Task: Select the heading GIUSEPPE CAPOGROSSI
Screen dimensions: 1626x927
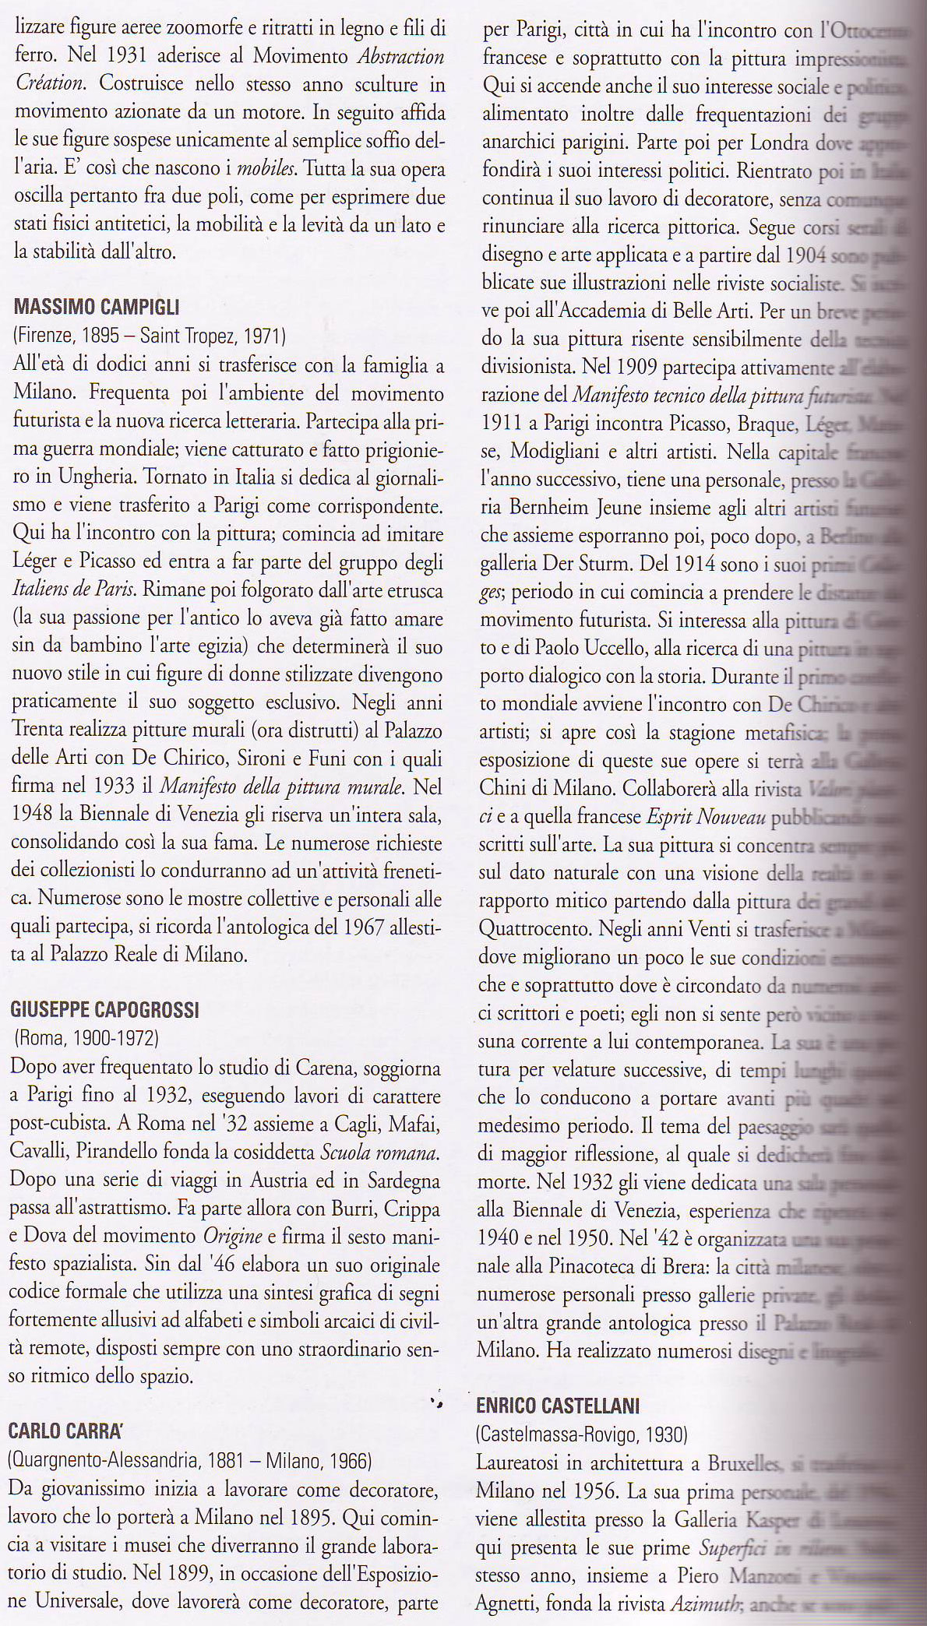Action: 105,1010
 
